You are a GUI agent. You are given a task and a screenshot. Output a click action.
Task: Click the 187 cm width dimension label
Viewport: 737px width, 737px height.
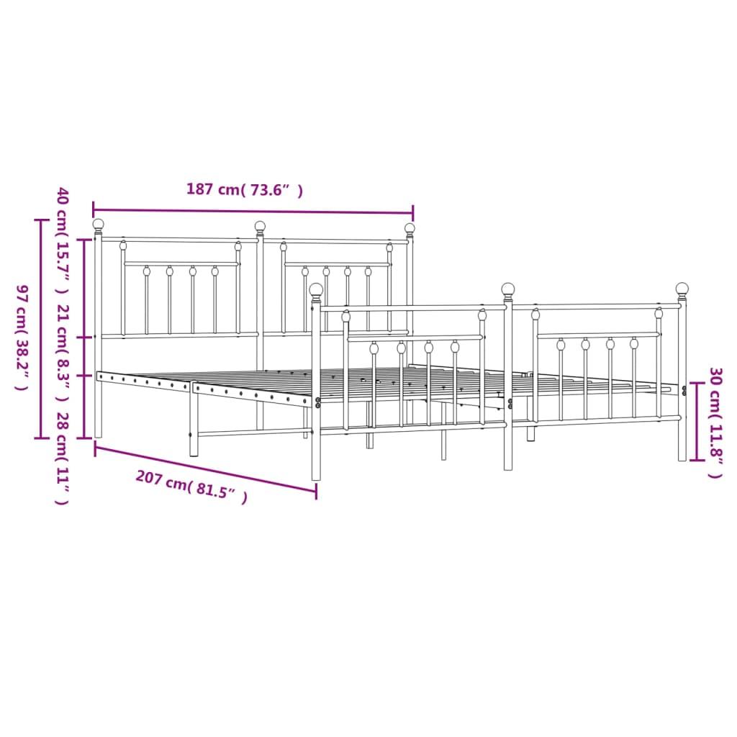(244, 190)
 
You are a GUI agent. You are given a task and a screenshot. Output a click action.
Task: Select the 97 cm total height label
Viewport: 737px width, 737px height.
(22, 338)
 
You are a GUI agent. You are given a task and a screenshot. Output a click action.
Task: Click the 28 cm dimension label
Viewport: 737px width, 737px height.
(63, 458)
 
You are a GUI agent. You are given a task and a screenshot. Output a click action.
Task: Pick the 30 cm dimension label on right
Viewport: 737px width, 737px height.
(715, 422)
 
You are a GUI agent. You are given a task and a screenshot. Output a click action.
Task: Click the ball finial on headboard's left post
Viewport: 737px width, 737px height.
(99, 225)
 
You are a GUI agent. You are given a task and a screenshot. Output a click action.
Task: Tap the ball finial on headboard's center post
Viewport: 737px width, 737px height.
(260, 227)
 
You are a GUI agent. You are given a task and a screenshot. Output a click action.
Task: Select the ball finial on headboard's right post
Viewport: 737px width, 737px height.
(410, 229)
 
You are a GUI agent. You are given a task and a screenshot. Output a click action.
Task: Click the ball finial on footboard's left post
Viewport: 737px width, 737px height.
(316, 289)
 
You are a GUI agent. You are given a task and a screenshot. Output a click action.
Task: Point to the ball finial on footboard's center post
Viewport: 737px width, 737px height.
(508, 289)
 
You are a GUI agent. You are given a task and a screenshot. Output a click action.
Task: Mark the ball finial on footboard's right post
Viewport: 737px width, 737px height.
(682, 289)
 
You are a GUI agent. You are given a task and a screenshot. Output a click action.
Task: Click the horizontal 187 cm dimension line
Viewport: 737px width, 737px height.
(252, 212)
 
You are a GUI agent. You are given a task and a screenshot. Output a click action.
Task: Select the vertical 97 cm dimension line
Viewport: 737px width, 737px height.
(40, 327)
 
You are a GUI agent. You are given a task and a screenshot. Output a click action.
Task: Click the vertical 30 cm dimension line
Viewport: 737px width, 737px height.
(695, 421)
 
